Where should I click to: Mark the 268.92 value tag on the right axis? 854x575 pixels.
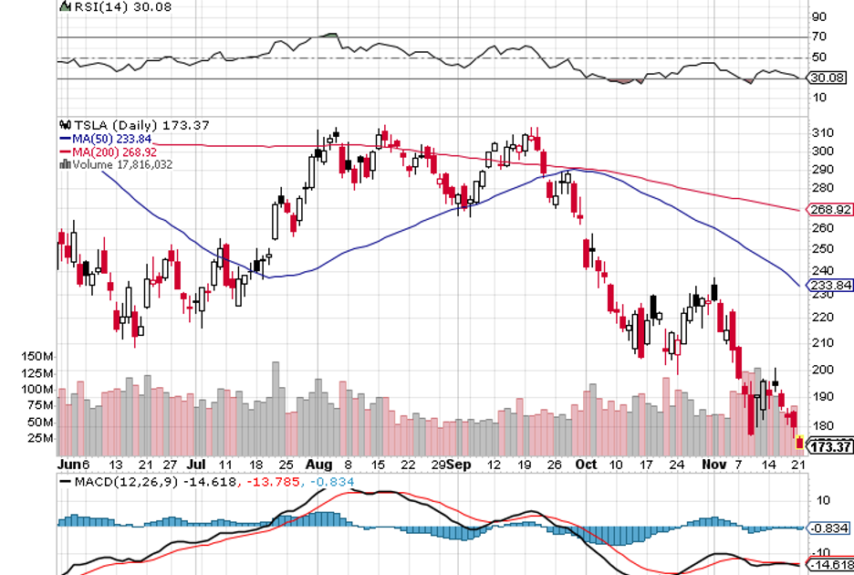[x=830, y=210]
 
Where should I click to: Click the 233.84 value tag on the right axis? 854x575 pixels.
[x=830, y=286]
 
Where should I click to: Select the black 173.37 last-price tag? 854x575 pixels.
[x=830, y=447]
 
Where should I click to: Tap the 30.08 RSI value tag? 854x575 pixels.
[x=828, y=79]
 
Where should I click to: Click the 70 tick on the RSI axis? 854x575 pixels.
[x=819, y=37]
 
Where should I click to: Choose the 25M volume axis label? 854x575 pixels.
[x=40, y=438]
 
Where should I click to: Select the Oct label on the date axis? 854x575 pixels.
[x=585, y=464]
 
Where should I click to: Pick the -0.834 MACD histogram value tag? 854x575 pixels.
[x=830, y=528]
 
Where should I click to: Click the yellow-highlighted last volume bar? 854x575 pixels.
[x=800, y=443]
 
